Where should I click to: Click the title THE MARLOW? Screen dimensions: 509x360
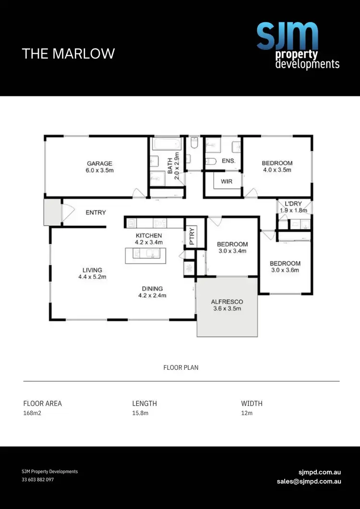click(x=69, y=53)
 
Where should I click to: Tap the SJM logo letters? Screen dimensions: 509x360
click(x=287, y=36)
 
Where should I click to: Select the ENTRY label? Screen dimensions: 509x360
click(x=96, y=213)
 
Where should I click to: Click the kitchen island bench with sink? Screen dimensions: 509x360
click(x=149, y=255)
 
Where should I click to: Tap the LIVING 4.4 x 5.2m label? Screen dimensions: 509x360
click(x=92, y=273)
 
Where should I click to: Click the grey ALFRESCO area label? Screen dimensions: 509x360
click(x=227, y=305)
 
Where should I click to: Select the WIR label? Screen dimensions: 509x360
click(x=227, y=182)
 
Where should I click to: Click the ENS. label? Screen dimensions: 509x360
click(x=228, y=161)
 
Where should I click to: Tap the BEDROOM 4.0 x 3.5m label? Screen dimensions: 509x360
click(x=277, y=166)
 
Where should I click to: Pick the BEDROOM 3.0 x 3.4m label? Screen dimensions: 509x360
click(x=232, y=247)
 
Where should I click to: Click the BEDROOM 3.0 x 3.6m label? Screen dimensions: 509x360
click(x=285, y=266)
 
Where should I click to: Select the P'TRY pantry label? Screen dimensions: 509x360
click(x=191, y=236)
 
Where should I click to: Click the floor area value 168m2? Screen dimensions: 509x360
click(x=33, y=414)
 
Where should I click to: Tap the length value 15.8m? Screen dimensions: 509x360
click(x=140, y=414)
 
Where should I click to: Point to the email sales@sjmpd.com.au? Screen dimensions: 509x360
click(x=309, y=481)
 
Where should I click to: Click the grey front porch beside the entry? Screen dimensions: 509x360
click(x=52, y=213)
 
